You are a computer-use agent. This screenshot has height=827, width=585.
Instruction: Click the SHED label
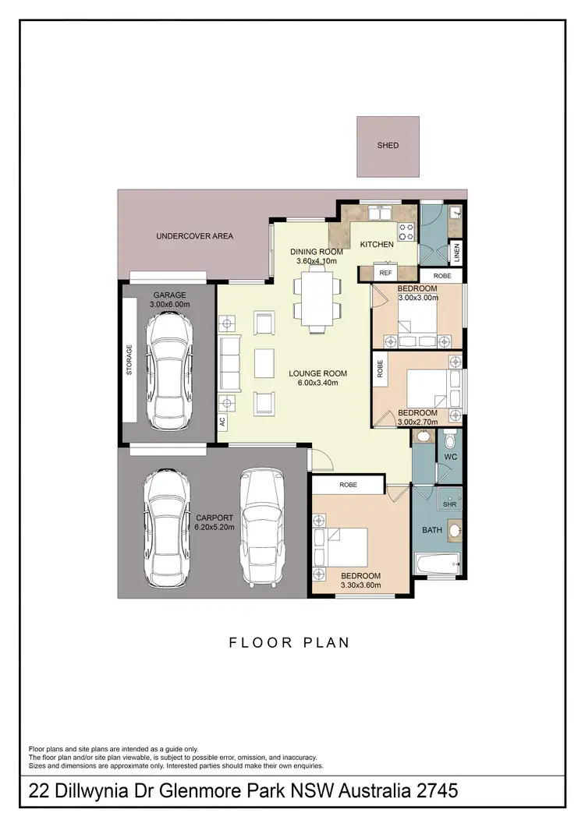coord(388,146)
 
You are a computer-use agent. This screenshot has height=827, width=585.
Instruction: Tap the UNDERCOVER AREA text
coord(194,236)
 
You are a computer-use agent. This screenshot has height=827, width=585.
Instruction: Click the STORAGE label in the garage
coord(129,361)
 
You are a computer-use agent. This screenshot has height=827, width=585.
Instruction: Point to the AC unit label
coord(222,422)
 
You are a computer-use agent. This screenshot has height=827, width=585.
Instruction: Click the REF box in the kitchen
coord(385,273)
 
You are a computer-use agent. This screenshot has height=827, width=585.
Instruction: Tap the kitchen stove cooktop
coord(406,229)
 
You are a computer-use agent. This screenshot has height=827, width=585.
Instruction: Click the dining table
coord(317,299)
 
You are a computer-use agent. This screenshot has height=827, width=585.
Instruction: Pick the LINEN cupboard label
coord(458,252)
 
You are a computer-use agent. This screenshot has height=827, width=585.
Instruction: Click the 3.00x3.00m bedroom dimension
coord(417,298)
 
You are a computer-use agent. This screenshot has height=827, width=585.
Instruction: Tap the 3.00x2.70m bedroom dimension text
coord(417,422)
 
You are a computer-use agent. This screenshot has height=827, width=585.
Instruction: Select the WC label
coord(449,456)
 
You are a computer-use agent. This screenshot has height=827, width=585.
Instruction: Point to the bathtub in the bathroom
coord(437,564)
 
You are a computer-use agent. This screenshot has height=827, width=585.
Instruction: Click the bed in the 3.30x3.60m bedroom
coord(344,548)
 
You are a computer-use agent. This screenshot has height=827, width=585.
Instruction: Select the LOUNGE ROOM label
coord(317,373)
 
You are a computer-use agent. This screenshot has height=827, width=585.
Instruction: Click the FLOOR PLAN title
coord(289,643)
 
